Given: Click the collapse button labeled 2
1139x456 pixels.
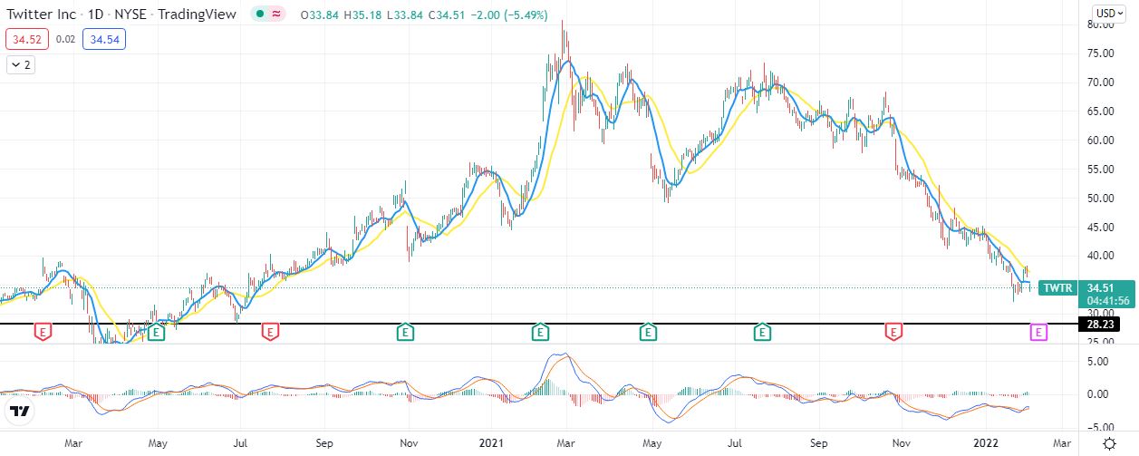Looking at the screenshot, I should click(x=20, y=64).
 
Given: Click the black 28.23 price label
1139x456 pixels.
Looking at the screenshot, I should click(x=1100, y=324).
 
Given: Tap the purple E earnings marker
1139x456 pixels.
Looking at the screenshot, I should click(x=1038, y=333).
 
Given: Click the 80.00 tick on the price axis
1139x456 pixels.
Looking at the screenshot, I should click(x=1100, y=24).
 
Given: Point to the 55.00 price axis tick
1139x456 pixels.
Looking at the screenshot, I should click(x=1100, y=170).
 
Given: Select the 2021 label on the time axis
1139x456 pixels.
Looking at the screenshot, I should click(x=491, y=443).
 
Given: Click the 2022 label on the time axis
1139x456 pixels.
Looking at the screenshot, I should click(x=985, y=443).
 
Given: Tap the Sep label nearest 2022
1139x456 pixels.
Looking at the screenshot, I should click(x=818, y=443).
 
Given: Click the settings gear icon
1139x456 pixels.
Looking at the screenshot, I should click(x=1109, y=443).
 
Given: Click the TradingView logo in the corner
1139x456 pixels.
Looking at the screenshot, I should click(x=20, y=412).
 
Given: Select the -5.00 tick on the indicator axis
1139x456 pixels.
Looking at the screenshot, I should click(x=1100, y=427).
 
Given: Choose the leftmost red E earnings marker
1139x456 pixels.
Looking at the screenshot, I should click(x=43, y=333).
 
